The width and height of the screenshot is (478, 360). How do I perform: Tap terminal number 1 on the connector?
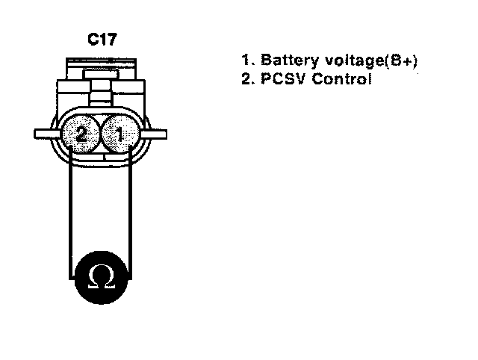tap(117, 135)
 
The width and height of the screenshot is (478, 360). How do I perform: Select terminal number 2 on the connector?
tap(82, 135)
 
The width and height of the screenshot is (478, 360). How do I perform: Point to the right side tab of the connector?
tap(157, 134)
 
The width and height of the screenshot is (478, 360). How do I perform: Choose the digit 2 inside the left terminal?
tap(82, 135)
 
